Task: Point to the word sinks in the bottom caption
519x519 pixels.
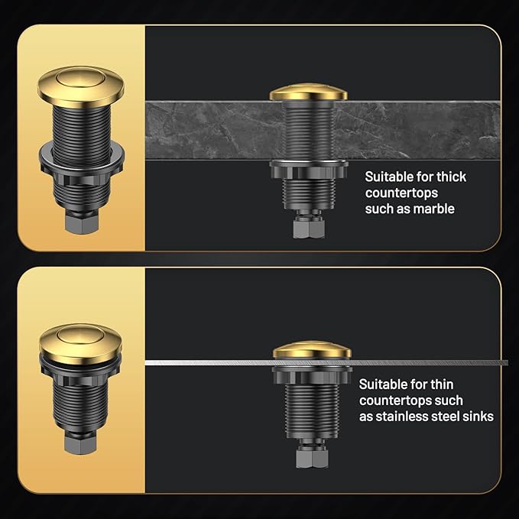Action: (x=473, y=416)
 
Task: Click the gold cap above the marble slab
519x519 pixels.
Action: (x=308, y=92)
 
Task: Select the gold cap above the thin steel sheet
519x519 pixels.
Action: (x=312, y=350)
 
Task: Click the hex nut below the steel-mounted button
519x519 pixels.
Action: (x=311, y=457)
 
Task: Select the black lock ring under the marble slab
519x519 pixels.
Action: (x=308, y=169)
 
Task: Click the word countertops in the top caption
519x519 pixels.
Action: (x=401, y=193)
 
